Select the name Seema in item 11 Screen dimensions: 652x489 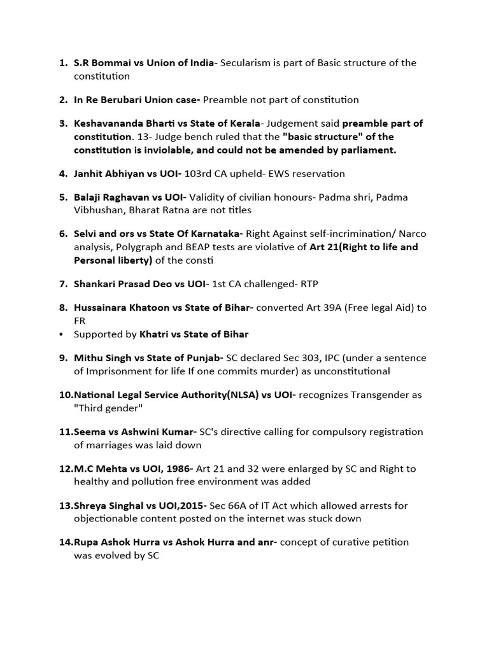(x=89, y=432)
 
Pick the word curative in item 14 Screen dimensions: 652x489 (x=344, y=542)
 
